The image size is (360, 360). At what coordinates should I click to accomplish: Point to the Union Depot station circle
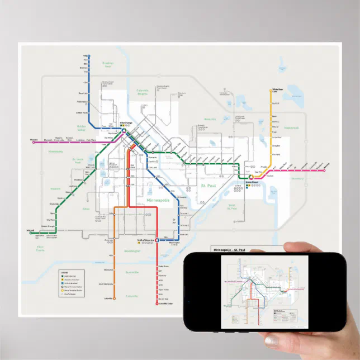(251, 177)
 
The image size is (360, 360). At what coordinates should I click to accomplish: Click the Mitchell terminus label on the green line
(31, 230)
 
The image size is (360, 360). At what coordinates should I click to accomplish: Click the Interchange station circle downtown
(125, 131)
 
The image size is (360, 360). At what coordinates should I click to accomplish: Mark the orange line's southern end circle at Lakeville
(113, 299)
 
